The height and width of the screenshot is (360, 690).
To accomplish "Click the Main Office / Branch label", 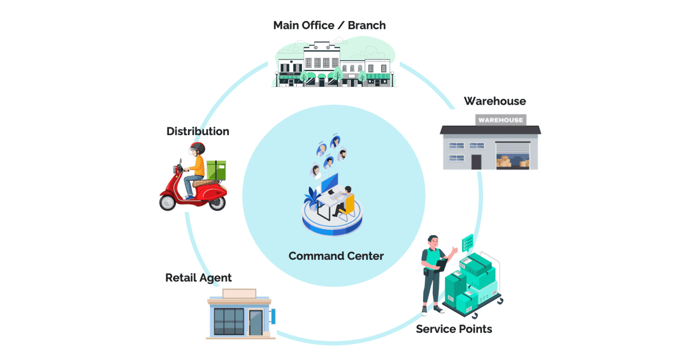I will pyautogui.click(x=329, y=25).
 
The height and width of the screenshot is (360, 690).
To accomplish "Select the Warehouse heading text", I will pyautogui.click(x=494, y=101).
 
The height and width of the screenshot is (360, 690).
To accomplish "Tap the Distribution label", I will pyautogui.click(x=198, y=131).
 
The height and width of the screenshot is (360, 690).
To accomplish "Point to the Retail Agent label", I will pyautogui.click(x=198, y=278).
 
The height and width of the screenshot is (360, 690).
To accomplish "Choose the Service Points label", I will pyautogui.click(x=454, y=329).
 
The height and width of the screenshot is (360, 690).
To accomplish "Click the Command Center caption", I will pyautogui.click(x=336, y=256).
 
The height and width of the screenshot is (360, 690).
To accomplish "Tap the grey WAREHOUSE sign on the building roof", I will pyautogui.click(x=500, y=120).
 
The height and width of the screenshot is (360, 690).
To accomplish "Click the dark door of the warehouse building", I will pyautogui.click(x=476, y=161).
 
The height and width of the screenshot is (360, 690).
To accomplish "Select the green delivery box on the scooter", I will pyautogui.click(x=216, y=170).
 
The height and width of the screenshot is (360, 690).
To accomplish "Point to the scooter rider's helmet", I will pyautogui.click(x=197, y=148).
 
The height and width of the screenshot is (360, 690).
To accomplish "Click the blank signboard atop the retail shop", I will pyautogui.click(x=239, y=293).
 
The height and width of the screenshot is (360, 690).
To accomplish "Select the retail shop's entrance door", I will pyautogui.click(x=255, y=322).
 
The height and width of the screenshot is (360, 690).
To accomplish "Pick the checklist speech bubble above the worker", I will pyautogui.click(x=467, y=241).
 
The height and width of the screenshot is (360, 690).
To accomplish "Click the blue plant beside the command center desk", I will pyautogui.click(x=312, y=197).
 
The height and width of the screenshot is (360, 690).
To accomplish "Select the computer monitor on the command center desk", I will pyautogui.click(x=330, y=182).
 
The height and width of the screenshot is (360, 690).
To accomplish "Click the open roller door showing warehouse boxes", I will pyautogui.click(x=513, y=156).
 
